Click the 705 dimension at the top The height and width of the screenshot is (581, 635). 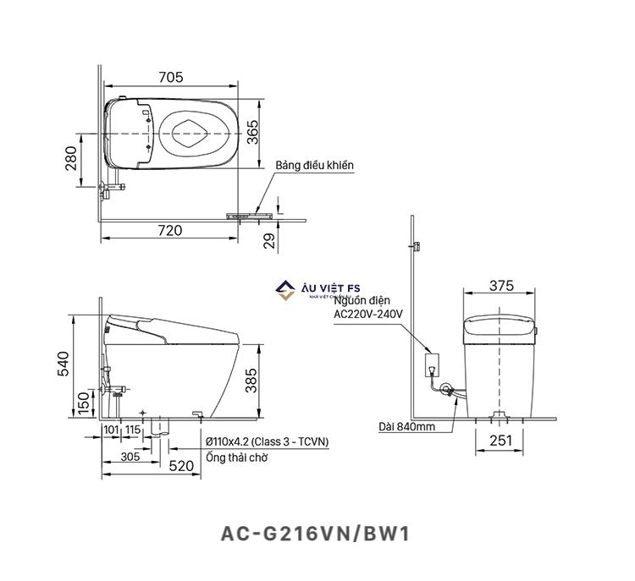170,78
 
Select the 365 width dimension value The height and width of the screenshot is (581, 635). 252,133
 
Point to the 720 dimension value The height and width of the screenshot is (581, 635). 170,229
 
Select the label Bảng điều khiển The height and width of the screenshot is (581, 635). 314,165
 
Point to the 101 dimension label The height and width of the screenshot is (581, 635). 110,430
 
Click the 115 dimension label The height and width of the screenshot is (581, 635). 132,430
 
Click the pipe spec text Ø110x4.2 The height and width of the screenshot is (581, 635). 267,442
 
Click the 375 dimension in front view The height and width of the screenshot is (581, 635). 501,286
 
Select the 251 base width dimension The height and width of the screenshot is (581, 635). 500,441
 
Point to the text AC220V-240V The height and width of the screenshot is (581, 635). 368,314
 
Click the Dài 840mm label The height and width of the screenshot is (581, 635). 406,427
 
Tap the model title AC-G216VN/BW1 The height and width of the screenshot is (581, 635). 317,534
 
